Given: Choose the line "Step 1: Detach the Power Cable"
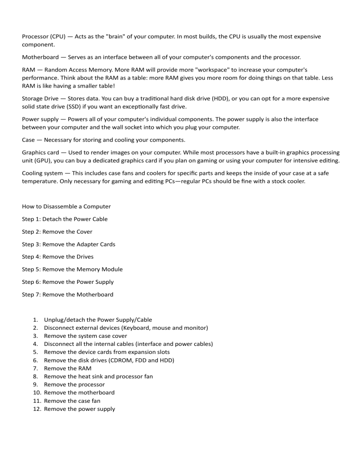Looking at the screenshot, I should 65,219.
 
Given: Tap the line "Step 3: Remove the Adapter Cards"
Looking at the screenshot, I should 69,244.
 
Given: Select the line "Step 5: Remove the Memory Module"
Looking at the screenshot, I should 73,269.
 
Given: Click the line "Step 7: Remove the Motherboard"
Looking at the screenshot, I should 68,294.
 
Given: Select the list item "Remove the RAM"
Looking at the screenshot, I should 68,368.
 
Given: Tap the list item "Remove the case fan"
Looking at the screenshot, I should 72,400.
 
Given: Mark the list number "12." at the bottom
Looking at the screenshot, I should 37,408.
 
